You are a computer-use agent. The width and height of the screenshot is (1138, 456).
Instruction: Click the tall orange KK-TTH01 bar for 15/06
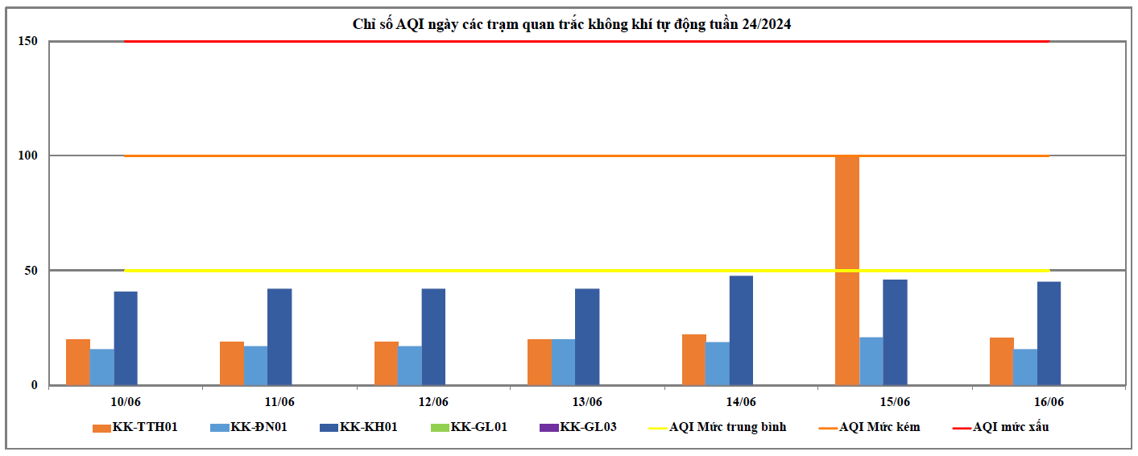coord(847,270)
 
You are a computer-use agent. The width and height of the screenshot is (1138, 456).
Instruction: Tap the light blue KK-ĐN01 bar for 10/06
coord(102,367)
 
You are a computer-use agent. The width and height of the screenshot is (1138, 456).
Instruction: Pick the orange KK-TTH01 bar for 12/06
coord(386,363)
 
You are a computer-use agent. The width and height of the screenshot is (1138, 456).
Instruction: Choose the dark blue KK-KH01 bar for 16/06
coord(1049,333)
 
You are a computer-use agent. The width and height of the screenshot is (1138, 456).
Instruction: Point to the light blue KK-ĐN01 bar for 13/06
coord(564,362)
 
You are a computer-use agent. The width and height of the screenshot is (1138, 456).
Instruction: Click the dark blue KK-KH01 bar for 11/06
coord(279,337)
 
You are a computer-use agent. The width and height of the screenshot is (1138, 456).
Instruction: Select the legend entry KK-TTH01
coord(134,427)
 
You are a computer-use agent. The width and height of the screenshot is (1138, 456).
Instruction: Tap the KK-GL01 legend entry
coord(469,427)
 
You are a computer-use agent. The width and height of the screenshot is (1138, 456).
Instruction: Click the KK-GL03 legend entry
coord(578,427)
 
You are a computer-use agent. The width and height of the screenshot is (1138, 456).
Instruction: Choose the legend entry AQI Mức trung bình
coord(718,427)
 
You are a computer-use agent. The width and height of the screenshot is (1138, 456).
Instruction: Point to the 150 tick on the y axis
coord(28,41)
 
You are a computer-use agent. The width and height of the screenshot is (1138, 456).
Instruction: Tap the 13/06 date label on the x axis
coord(587,401)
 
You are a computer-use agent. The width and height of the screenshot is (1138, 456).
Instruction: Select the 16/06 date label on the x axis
coord(1049,401)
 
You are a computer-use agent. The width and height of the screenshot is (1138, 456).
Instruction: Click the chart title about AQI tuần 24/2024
coord(572,24)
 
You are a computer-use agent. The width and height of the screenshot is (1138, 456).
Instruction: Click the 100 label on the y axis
coord(28,155)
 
